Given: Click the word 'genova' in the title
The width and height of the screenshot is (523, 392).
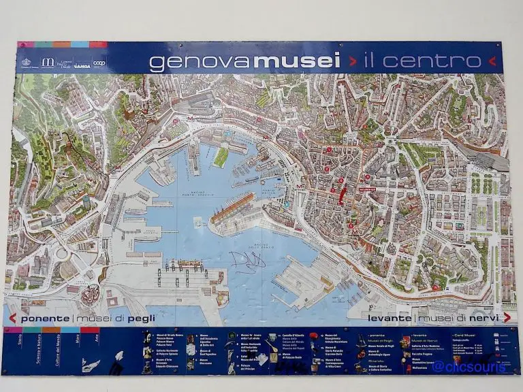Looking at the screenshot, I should (x=200, y=62).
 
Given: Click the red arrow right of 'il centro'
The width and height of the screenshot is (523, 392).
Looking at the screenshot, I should (x=492, y=61).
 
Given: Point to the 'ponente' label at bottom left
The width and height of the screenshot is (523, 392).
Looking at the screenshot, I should (x=44, y=318).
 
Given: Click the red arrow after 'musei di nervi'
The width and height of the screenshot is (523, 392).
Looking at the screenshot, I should (x=507, y=318).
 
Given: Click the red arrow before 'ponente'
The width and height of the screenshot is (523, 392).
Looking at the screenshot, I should (x=12, y=318).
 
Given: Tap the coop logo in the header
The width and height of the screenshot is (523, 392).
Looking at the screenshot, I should (x=99, y=63).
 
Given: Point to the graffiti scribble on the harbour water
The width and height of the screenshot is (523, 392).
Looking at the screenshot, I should (x=247, y=259).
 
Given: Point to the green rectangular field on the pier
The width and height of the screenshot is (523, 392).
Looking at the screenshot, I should (x=221, y=157).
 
